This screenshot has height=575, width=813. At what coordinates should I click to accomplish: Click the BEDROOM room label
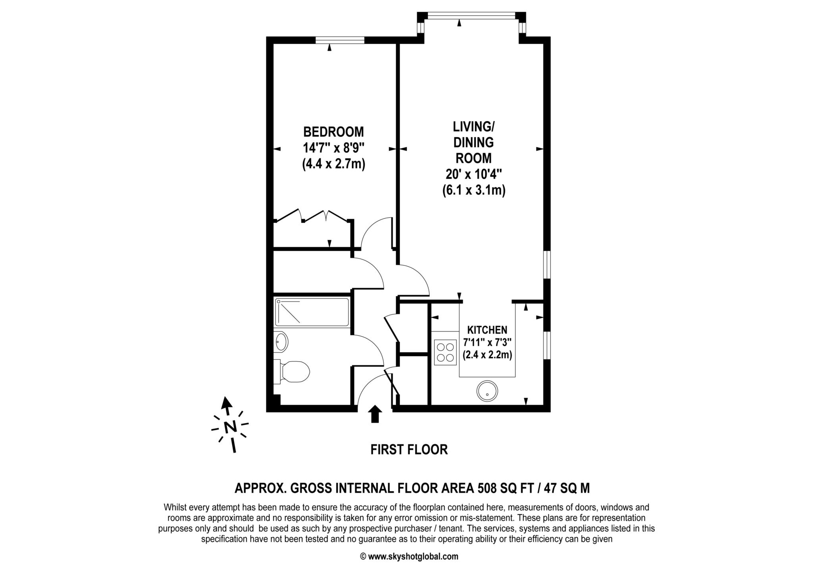(333, 131)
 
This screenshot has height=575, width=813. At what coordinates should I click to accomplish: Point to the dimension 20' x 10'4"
(474, 174)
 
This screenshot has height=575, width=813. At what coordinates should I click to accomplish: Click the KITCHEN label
(487, 330)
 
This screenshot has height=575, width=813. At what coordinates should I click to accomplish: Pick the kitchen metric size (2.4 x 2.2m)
(487, 355)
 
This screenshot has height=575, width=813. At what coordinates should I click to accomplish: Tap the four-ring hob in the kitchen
(445, 352)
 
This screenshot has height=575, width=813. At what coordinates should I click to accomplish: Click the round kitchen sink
(487, 391)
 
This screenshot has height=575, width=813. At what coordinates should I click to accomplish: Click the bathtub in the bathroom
(312, 312)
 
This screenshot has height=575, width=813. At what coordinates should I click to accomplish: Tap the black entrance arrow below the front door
(375, 414)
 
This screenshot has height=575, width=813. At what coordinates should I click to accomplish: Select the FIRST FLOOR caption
(409, 450)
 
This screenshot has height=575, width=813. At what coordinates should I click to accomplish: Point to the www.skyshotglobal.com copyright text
(409, 557)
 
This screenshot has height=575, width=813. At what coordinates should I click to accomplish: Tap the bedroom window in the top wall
(340, 40)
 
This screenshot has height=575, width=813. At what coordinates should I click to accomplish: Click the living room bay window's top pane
(471, 15)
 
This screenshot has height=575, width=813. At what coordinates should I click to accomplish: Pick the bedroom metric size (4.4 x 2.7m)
(333, 164)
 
